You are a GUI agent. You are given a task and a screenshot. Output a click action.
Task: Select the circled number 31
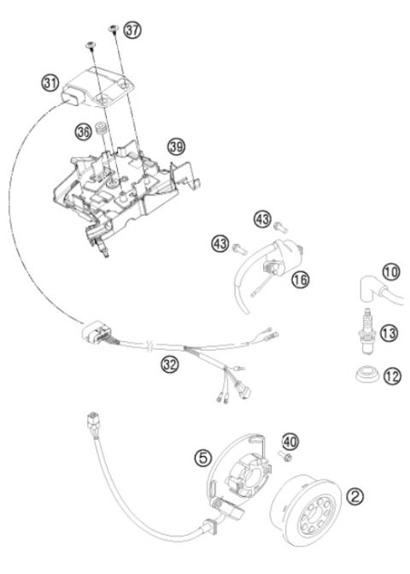click(x=51, y=83)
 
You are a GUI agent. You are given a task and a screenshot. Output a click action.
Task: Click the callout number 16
click(x=298, y=279)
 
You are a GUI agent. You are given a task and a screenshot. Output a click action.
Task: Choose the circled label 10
click(x=390, y=273)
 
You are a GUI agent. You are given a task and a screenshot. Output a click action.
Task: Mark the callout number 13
click(x=389, y=333)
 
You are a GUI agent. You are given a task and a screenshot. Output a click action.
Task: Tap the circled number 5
click(x=202, y=458)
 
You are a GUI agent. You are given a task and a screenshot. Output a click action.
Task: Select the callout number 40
click(x=290, y=441)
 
